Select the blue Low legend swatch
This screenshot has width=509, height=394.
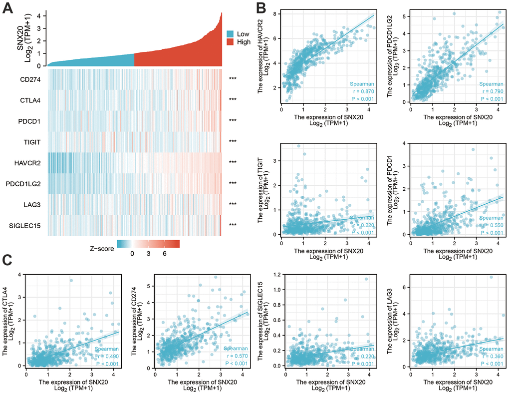tap(231, 34)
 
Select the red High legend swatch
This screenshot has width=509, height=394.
tap(231, 42)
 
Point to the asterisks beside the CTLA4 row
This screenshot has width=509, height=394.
tap(232, 100)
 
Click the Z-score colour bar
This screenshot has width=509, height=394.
tap(148, 244)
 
